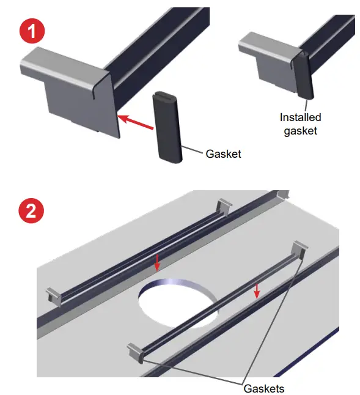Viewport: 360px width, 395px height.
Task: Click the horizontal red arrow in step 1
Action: (134, 121)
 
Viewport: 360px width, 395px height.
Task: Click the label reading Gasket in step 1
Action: (223, 154)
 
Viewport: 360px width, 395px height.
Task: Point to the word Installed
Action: (300, 117)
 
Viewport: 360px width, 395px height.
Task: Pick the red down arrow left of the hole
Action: (157, 262)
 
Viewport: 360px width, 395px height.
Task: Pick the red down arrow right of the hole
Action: (257, 290)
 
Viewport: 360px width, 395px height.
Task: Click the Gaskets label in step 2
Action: (263, 388)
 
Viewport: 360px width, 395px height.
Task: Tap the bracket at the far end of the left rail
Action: (225, 206)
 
